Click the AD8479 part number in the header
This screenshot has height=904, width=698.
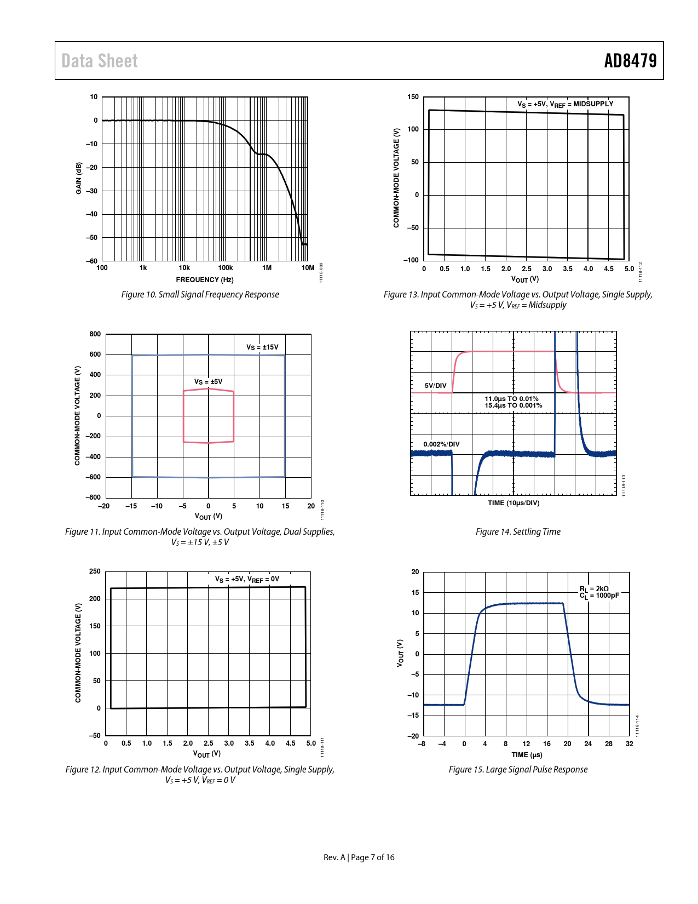pos(630,61)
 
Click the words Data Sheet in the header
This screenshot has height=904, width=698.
pos(100,61)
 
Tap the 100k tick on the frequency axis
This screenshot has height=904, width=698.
pos(226,268)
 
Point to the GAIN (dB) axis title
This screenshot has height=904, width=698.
pos(79,178)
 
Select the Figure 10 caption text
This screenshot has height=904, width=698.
pos(200,295)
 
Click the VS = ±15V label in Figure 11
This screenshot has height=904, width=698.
pos(262,347)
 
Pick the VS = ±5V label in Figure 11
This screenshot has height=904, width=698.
pos(208,382)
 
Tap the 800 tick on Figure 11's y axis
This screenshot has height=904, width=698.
pos(95,334)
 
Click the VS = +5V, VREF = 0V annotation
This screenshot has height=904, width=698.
pos(247,579)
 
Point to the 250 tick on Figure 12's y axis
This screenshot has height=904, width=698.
pos(95,571)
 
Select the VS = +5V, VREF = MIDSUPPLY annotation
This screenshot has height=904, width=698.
pos(565,104)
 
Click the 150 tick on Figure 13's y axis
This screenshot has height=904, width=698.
pos(413,97)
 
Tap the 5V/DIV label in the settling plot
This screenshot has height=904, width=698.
pos(436,386)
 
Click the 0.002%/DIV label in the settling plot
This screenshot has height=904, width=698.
pos(441,444)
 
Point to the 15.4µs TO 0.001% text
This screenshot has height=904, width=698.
pos(513,405)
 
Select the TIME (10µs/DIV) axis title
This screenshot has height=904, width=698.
pos(514,503)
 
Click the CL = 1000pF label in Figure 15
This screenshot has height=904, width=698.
pos(600,596)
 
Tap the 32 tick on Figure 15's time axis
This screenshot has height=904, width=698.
pos(630,744)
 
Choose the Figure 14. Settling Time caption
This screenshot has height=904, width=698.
pos(518,532)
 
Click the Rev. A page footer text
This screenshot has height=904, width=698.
pos(359,857)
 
